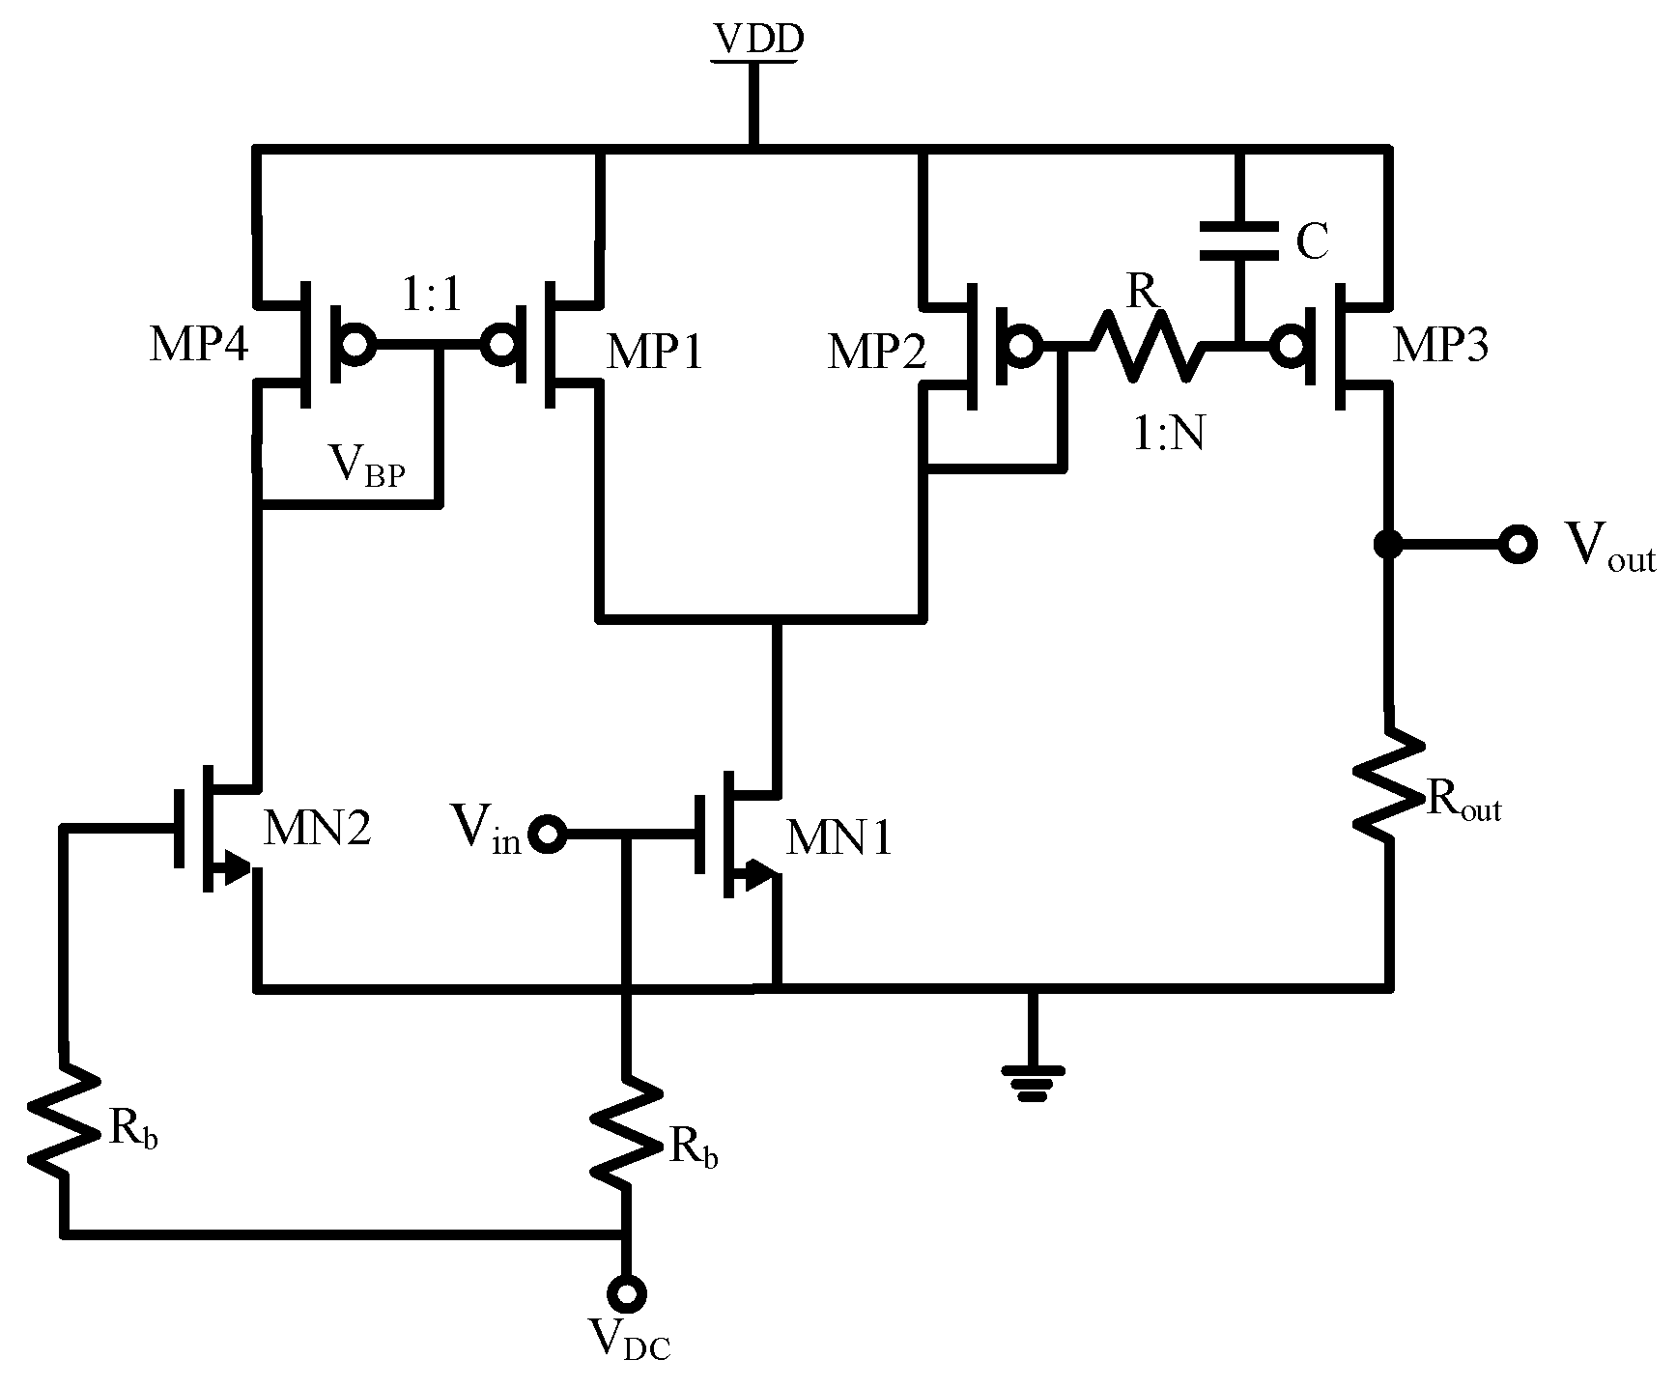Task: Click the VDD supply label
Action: pos(756,40)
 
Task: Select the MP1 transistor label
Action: pos(655,353)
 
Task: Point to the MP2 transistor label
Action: pos(877,353)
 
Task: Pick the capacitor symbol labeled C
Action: pos(1240,241)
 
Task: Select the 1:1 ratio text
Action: pos(430,297)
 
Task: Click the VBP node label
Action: pos(367,468)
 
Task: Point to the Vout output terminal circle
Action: pos(1517,545)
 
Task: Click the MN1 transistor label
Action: pos(838,838)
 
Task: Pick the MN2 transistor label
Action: pos(317,829)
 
